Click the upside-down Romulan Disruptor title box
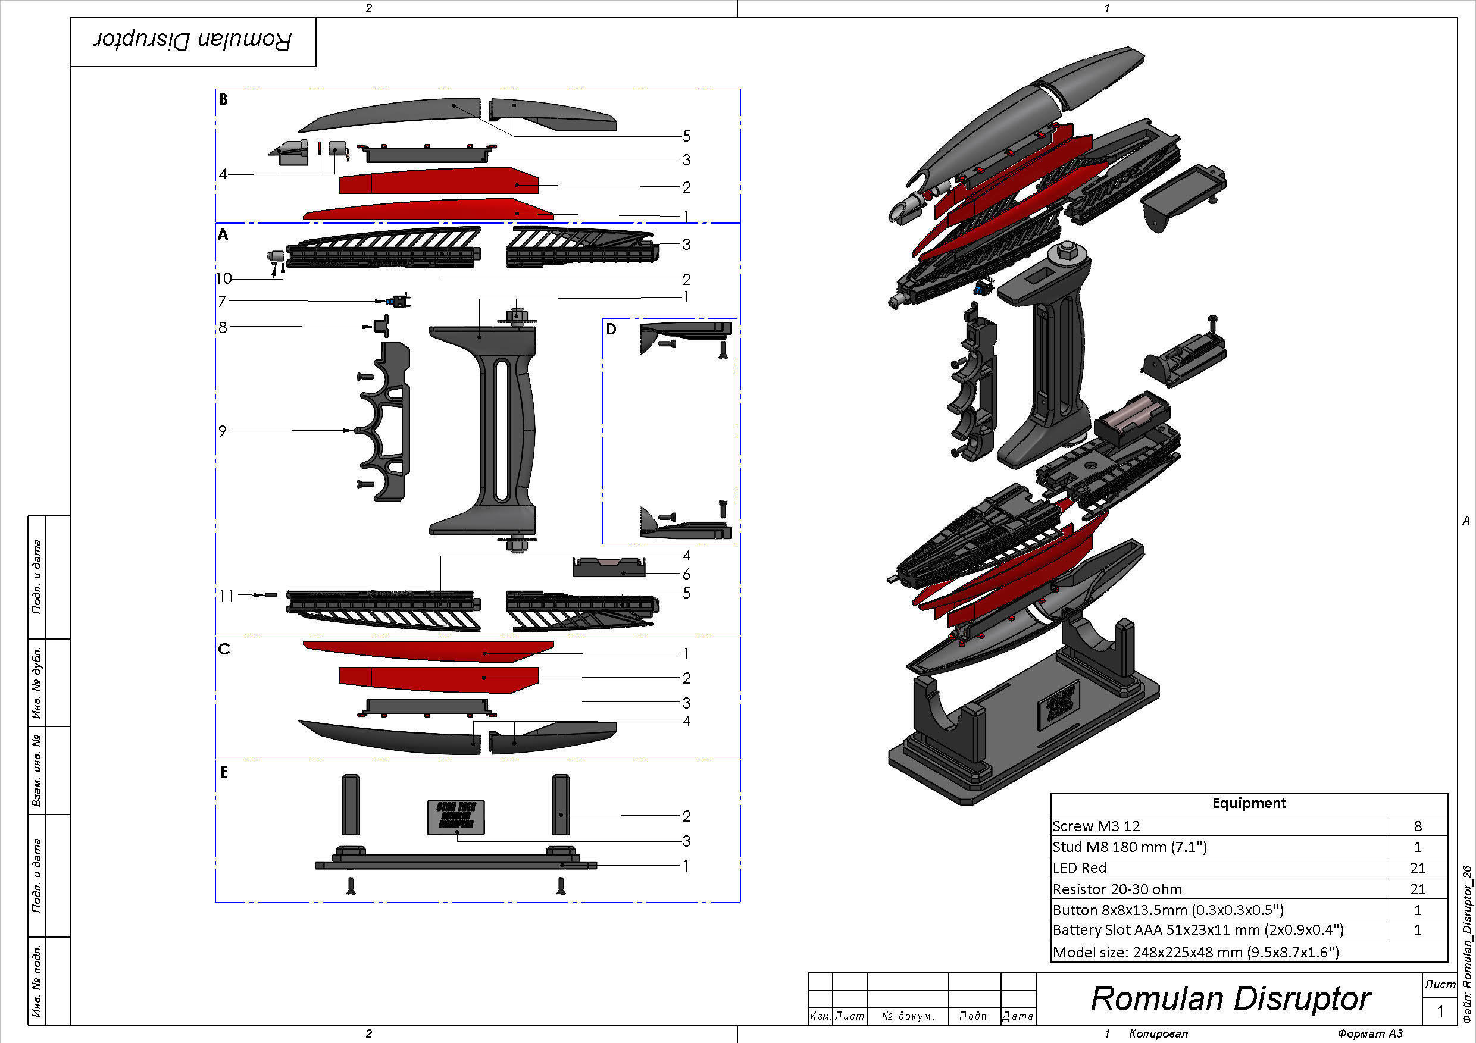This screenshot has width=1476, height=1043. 193,41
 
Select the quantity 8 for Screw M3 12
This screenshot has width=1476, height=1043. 1418,826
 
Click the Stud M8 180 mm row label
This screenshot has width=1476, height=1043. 1130,847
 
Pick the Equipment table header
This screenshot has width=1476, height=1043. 1249,803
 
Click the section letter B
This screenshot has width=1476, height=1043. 223,99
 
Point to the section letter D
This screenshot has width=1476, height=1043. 611,329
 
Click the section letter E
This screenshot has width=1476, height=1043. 224,772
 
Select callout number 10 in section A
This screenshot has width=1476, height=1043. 224,278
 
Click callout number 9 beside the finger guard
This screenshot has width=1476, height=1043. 223,431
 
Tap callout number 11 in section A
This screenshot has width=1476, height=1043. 226,596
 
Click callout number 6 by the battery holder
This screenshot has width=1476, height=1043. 687,574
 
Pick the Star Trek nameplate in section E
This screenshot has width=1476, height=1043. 456,817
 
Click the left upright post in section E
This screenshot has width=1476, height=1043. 351,804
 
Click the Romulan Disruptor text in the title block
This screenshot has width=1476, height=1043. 1230,998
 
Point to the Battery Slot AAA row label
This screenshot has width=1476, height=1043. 1197,930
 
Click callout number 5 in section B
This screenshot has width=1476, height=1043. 687,136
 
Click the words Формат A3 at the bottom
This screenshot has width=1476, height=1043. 1370,1033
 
